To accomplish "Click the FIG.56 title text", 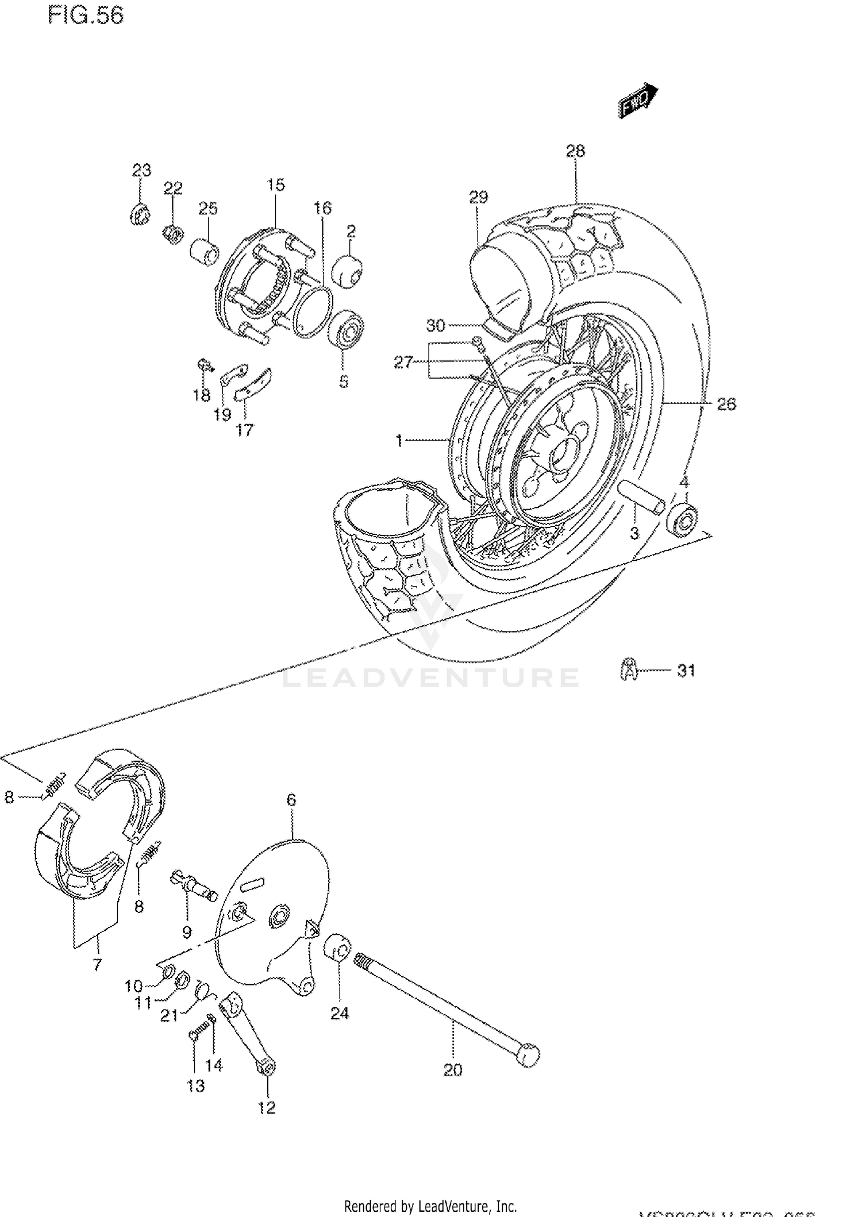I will (86, 16).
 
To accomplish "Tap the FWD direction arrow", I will (637, 101).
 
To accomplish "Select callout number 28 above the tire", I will (575, 151).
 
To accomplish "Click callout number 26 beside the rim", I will (726, 404).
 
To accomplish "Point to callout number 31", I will (686, 671).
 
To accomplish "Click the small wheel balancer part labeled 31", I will (630, 669).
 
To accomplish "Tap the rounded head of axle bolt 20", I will (528, 1053).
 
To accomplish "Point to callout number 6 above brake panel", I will (291, 799).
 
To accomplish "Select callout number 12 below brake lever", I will (267, 1107).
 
